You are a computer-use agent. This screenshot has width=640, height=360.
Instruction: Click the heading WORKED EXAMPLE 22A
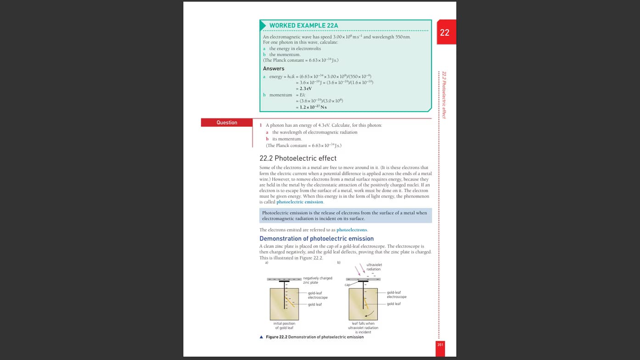pyautogui.click(x=303, y=26)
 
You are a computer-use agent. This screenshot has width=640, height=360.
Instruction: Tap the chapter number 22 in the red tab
pyautogui.click(x=444, y=33)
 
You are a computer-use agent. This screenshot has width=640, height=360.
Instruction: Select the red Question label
pyautogui.click(x=227, y=123)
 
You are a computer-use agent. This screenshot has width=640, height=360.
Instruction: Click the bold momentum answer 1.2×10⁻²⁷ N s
pyautogui.click(x=313, y=107)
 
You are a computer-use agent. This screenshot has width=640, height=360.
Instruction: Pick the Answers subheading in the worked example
pyautogui.click(x=274, y=68)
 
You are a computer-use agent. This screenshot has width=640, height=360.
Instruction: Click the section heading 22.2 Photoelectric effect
pyautogui.click(x=298, y=158)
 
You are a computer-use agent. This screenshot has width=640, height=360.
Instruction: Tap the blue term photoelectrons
pyautogui.click(x=352, y=230)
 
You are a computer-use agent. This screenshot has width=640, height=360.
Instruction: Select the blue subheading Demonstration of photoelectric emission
pyautogui.click(x=316, y=239)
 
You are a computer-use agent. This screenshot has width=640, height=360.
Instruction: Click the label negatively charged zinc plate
pyautogui.click(x=317, y=280)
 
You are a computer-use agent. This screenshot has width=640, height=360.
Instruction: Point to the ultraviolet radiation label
pyautogui.click(x=374, y=267)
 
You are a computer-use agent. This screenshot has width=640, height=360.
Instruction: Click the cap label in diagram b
pyautogui.click(x=347, y=285)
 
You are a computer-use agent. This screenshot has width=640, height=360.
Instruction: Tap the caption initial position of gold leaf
pyautogui.click(x=284, y=326)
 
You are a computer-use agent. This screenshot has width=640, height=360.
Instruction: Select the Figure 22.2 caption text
pyautogui.click(x=314, y=337)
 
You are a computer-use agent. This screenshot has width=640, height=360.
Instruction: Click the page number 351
pyautogui.click(x=440, y=344)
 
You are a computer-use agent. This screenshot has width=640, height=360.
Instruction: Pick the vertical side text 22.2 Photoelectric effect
pyautogui.click(x=444, y=95)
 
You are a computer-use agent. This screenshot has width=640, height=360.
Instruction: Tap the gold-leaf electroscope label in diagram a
pyautogui.click(x=318, y=295)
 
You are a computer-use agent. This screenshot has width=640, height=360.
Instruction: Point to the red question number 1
pyautogui.click(x=261, y=125)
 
